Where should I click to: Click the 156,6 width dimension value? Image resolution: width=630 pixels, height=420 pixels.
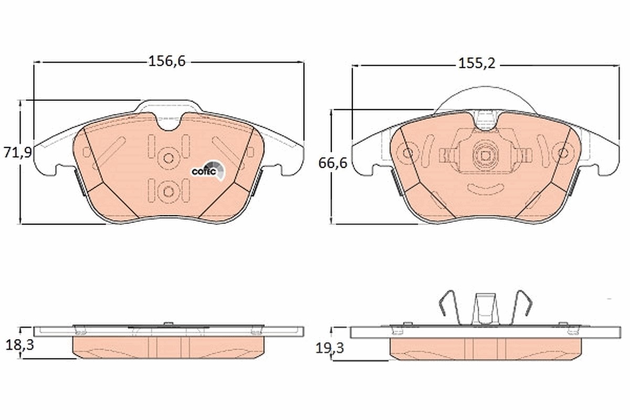(167, 61)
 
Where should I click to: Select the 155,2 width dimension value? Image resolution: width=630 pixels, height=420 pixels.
(477, 64)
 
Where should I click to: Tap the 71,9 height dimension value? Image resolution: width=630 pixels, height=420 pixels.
(18, 152)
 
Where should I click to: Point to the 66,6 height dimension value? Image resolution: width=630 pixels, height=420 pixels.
(333, 163)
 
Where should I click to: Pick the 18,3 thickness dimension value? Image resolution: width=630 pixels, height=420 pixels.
(20, 345)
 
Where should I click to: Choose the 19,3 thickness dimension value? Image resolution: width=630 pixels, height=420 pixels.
(330, 349)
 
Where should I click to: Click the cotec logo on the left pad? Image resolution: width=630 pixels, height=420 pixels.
(208, 170)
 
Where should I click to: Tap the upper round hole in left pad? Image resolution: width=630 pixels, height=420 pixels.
(169, 158)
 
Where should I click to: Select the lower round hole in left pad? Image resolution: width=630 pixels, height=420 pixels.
(169, 192)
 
